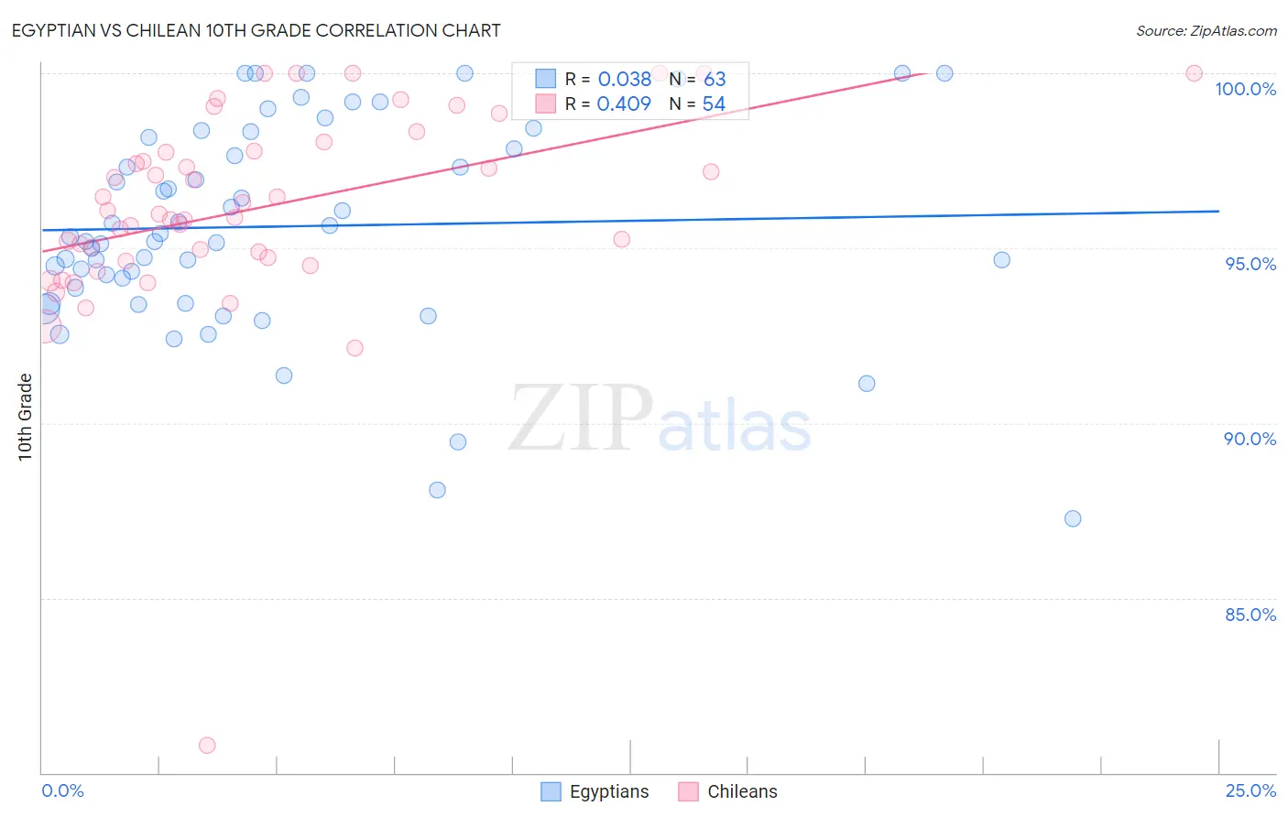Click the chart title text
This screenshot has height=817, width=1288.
pos(256,30)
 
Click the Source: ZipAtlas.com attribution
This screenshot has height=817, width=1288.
pos(1206,30)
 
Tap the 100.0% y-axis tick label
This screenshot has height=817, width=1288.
pos(1245,89)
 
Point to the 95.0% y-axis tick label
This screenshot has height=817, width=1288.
pos(1250,264)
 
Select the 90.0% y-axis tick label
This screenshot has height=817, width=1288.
pos(1250,439)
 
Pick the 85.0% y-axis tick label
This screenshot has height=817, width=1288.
pos(1250,615)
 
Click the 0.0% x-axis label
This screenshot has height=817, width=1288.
pos(62,790)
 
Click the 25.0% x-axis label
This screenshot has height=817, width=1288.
pos(1250,790)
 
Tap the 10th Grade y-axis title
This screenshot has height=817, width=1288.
pos(26,417)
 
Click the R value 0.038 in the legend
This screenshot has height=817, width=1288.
pos(624,79)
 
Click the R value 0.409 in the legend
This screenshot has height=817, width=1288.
pos(624,103)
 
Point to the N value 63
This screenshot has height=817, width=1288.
pos(715,79)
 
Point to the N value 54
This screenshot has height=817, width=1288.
pos(714,103)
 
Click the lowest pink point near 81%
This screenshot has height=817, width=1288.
pos(207,746)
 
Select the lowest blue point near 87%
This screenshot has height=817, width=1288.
pos(1073,518)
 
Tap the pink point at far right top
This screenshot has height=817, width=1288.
pos(1194,73)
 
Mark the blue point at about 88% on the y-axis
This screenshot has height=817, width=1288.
pos(437,490)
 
